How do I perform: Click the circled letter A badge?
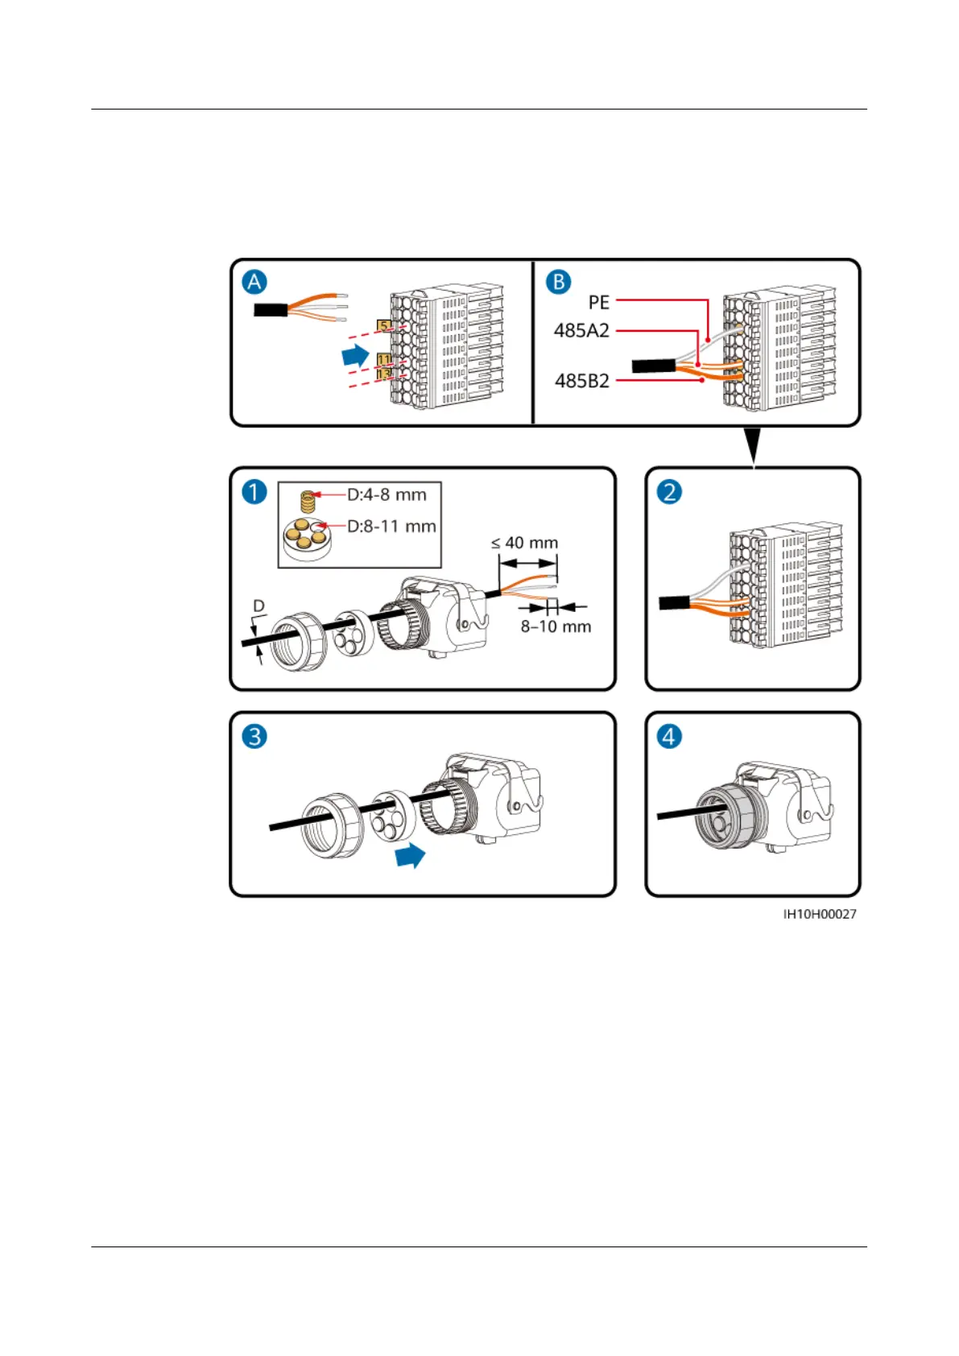(254, 282)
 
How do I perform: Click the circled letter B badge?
(558, 282)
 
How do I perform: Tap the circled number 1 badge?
(254, 491)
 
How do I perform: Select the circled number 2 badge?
(669, 491)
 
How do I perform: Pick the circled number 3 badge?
(254, 736)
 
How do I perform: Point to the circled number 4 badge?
(669, 736)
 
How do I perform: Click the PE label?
(598, 302)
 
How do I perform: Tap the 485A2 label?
(581, 330)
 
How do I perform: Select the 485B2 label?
(581, 381)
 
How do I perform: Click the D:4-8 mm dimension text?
(386, 494)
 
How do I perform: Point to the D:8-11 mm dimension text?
(391, 526)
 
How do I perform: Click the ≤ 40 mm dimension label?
(524, 543)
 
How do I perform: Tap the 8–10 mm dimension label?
(556, 626)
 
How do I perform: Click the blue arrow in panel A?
(355, 354)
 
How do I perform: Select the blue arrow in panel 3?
(410, 855)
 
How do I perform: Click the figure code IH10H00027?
(820, 914)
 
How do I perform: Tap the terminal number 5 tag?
(385, 326)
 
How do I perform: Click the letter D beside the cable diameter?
(258, 606)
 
